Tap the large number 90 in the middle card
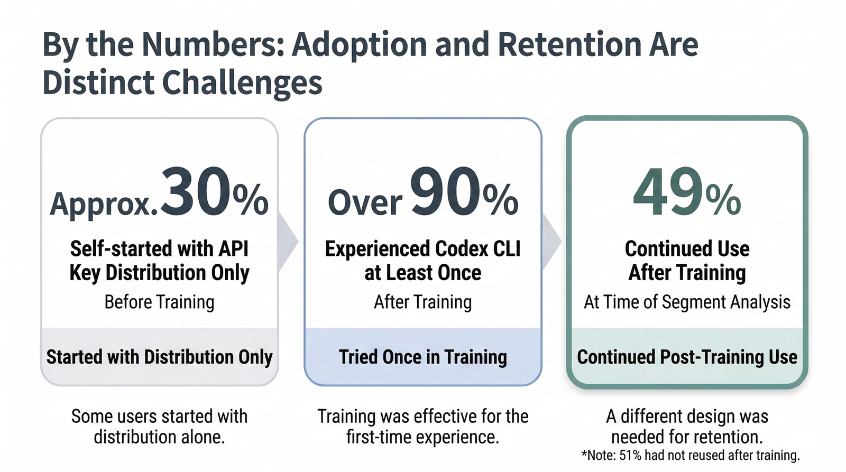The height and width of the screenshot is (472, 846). tap(445, 191)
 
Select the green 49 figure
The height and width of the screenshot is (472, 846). tap(668, 193)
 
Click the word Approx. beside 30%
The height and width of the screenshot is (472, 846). tap(104, 203)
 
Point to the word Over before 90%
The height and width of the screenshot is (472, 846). tap(365, 202)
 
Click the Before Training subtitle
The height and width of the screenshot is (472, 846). tap(159, 302)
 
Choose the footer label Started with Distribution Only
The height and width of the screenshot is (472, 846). tap(159, 357)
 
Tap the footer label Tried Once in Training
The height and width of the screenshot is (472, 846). tap(422, 357)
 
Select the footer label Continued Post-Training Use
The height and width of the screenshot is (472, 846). tap(687, 357)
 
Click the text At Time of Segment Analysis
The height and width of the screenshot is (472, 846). tap(687, 302)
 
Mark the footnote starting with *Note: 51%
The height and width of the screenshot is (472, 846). tap(690, 456)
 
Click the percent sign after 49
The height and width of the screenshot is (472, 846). tap(723, 199)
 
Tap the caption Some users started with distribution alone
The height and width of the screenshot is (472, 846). tap(159, 427)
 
